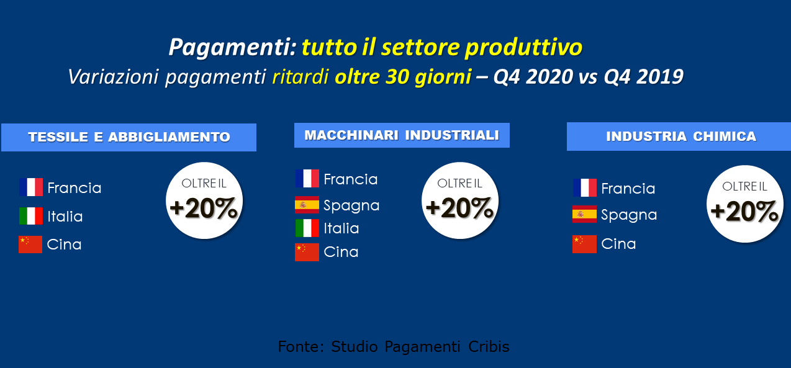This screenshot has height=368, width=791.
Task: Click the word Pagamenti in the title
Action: (232, 47)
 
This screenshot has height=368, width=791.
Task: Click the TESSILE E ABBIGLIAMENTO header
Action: (129, 137)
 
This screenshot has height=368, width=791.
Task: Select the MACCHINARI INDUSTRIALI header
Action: (402, 135)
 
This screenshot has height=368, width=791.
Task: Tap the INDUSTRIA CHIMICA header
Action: (679, 137)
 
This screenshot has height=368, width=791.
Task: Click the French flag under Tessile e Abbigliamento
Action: (31, 187)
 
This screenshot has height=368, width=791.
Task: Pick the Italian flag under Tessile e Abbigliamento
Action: (31, 216)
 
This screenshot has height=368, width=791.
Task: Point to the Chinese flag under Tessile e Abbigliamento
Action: (30, 245)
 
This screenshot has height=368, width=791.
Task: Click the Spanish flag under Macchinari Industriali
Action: (307, 205)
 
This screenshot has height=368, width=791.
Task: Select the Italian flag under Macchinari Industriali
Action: (307, 228)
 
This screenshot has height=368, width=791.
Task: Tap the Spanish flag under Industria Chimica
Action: (584, 214)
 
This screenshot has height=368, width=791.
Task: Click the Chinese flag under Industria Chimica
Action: (584, 244)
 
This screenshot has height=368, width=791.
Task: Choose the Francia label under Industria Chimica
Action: (628, 189)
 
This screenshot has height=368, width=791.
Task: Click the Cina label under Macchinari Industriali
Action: (341, 252)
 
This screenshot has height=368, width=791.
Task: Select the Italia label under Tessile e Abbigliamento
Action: (65, 217)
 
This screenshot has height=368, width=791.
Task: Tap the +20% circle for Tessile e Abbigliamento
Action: (204, 200)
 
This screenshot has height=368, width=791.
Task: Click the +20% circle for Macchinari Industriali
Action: (460, 200)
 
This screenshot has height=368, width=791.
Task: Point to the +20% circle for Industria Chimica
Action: (745, 204)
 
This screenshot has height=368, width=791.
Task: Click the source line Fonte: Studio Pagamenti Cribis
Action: (394, 347)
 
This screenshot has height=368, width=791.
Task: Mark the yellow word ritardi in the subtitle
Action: (301, 77)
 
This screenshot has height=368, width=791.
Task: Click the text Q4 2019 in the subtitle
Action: (644, 77)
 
